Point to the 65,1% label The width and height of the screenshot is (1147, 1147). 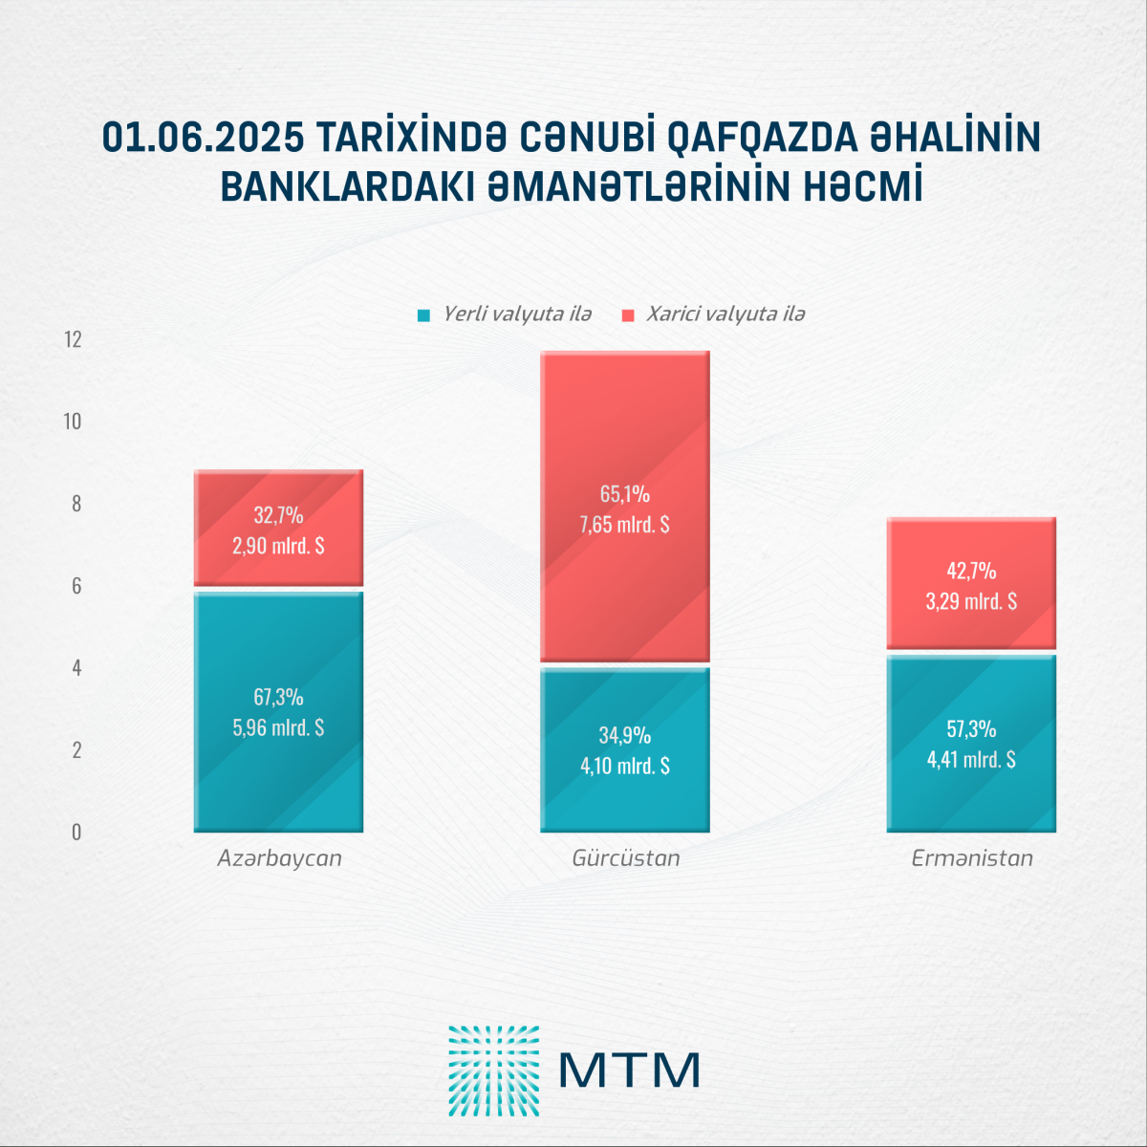pyautogui.click(x=625, y=494)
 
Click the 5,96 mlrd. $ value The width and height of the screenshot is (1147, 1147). pyautogui.click(x=278, y=727)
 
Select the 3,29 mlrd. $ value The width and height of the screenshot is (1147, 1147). pyautogui.click(x=971, y=601)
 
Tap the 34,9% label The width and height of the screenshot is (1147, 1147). pyautogui.click(x=625, y=735)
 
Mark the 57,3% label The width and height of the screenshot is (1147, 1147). pyautogui.click(x=971, y=729)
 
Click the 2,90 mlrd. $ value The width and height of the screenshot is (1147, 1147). pyautogui.click(x=278, y=546)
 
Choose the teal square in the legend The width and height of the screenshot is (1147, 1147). pyautogui.click(x=424, y=314)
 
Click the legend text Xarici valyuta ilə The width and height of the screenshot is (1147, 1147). pyautogui.click(x=725, y=314)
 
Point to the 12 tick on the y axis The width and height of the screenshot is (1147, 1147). pyautogui.click(x=73, y=339)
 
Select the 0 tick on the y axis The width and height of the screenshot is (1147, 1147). pyautogui.click(x=76, y=833)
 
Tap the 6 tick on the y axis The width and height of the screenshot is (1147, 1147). pyautogui.click(x=76, y=586)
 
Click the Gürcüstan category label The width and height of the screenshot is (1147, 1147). pyautogui.click(x=626, y=858)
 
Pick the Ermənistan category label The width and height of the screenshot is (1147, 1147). pyautogui.click(x=972, y=858)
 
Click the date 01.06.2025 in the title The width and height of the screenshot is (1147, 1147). pyautogui.click(x=204, y=139)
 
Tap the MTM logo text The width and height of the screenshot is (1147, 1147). pyautogui.click(x=629, y=1071)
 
